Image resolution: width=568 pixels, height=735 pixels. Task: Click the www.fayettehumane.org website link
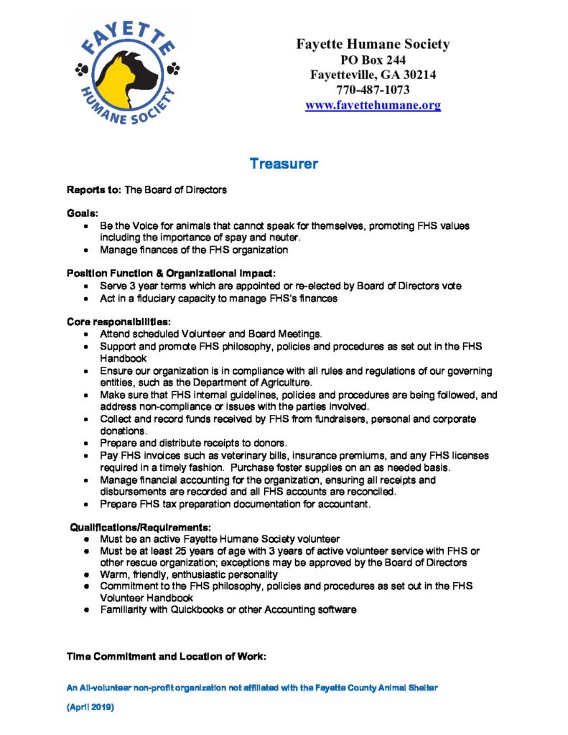pos(373,106)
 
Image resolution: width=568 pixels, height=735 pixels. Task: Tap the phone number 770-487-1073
pos(373,90)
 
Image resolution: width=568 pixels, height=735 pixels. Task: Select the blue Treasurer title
pos(284,164)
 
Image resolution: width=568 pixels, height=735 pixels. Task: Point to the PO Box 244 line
pos(373,60)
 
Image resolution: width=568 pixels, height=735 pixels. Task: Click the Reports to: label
pos(94,190)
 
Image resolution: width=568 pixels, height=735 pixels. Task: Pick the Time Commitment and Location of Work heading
pos(167,657)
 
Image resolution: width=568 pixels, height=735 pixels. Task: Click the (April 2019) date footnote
pos(90,707)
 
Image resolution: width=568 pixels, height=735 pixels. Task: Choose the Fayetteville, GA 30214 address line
pos(373,75)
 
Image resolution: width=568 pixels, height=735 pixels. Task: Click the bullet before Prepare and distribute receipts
pos(87,444)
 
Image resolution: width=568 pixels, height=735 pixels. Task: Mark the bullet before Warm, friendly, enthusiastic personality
pos(87,575)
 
